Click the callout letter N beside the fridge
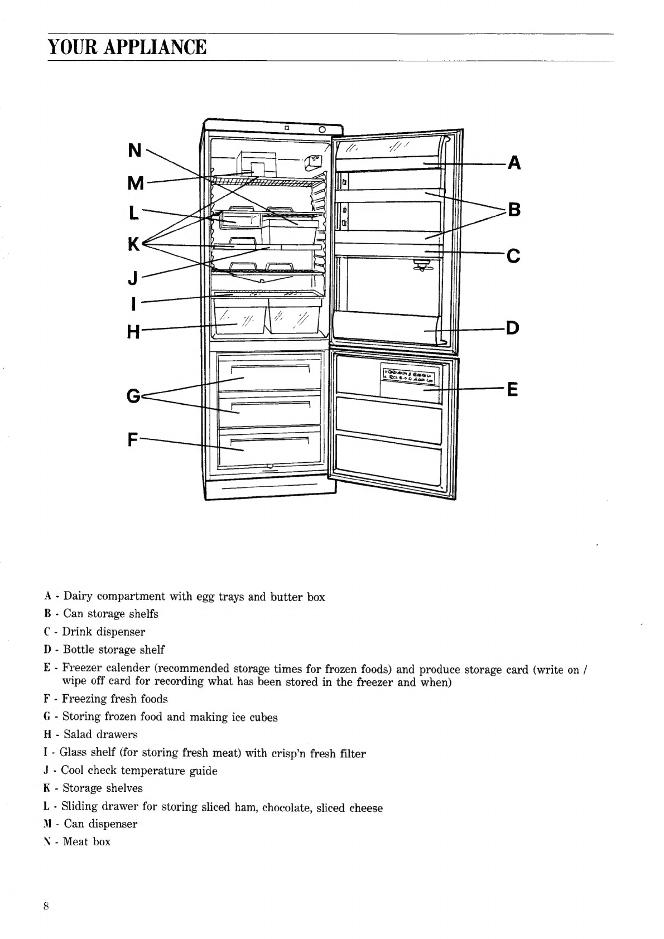point(134,150)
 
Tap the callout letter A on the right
point(514,163)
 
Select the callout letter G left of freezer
point(133,396)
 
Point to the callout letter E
point(513,389)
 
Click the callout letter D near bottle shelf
point(513,328)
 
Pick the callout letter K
point(134,244)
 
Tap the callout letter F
point(133,440)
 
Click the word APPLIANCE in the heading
point(155,47)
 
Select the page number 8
point(46,907)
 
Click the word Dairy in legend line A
point(78,597)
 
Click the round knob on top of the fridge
point(322,129)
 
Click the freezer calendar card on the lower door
point(408,374)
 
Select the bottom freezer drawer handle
point(270,440)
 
